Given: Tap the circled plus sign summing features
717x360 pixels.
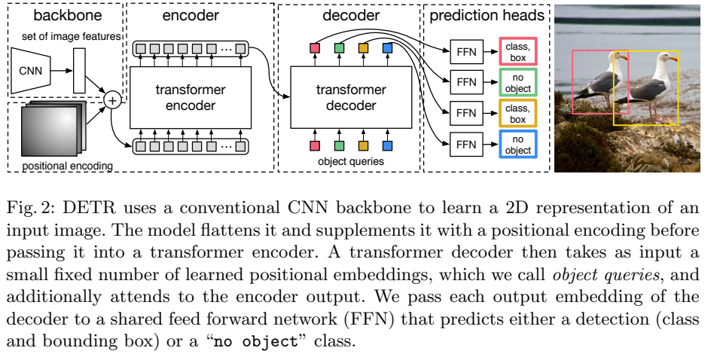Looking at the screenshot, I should click(113, 99).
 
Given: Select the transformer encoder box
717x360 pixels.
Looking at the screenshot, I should click(191, 97).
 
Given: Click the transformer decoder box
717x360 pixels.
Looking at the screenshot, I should click(350, 97).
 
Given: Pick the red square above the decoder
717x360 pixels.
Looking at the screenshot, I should click(315, 49).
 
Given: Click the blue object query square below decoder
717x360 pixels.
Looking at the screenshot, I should click(387, 145).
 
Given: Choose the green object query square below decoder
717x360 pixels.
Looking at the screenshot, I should click(339, 145).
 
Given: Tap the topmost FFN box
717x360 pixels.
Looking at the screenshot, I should click(466, 53).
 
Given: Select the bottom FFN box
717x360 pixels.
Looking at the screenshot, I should click(466, 144).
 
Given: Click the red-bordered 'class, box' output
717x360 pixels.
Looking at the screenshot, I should click(517, 53).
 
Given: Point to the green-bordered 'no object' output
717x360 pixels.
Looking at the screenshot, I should click(517, 83).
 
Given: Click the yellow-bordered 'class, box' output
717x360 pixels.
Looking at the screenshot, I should click(517, 114).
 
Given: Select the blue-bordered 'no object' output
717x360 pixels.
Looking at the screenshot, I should click(517, 145).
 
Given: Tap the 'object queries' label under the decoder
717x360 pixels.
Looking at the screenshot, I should click(351, 161).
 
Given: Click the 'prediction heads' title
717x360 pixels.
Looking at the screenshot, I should click(487, 16).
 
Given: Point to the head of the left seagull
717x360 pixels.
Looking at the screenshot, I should click(620, 57).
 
